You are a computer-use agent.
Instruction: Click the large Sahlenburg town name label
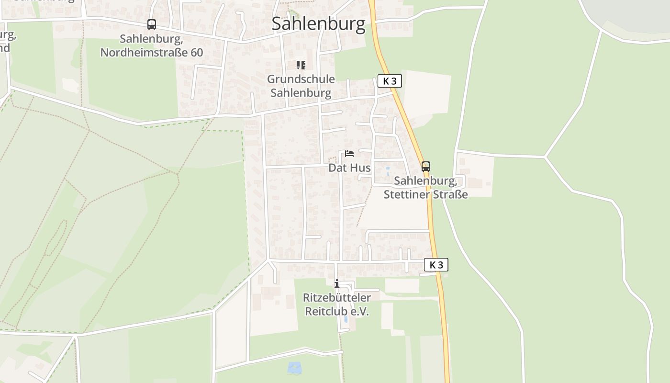click(318, 23)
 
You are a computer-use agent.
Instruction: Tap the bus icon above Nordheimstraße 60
click(152, 24)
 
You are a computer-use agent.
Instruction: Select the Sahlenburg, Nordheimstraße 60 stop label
click(152, 45)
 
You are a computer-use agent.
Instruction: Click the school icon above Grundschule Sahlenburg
click(301, 65)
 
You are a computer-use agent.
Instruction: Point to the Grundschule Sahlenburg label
click(301, 86)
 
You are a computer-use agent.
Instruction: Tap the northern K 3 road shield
click(390, 81)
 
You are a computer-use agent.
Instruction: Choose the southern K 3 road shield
click(436, 265)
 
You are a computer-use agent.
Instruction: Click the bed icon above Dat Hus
click(349, 154)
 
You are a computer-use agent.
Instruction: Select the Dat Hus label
click(349, 168)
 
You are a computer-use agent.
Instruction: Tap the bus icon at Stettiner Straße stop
click(425, 167)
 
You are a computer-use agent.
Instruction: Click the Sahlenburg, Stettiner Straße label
click(425, 187)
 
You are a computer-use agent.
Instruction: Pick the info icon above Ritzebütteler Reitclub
click(337, 283)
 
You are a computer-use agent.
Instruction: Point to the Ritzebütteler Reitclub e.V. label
click(337, 304)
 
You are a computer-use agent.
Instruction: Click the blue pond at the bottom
click(294, 368)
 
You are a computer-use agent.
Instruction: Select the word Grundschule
click(301, 79)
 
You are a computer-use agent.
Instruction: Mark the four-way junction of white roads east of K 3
click(545, 157)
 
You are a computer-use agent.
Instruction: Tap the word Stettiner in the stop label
click(404, 194)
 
